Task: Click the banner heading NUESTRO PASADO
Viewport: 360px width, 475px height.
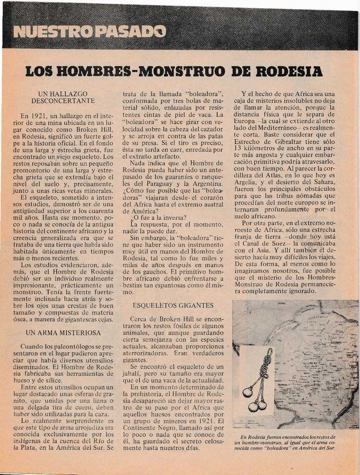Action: click(90, 32)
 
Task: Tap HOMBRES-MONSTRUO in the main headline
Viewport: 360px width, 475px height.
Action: click(144, 71)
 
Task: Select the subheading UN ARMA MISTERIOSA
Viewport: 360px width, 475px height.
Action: click(63, 333)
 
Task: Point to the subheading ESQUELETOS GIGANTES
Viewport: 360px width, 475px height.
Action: click(173, 305)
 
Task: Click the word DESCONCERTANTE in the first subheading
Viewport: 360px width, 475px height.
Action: click(63, 100)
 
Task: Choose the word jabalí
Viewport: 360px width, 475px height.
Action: click(132, 373)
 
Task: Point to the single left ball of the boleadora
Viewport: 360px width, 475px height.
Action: click(247, 392)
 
